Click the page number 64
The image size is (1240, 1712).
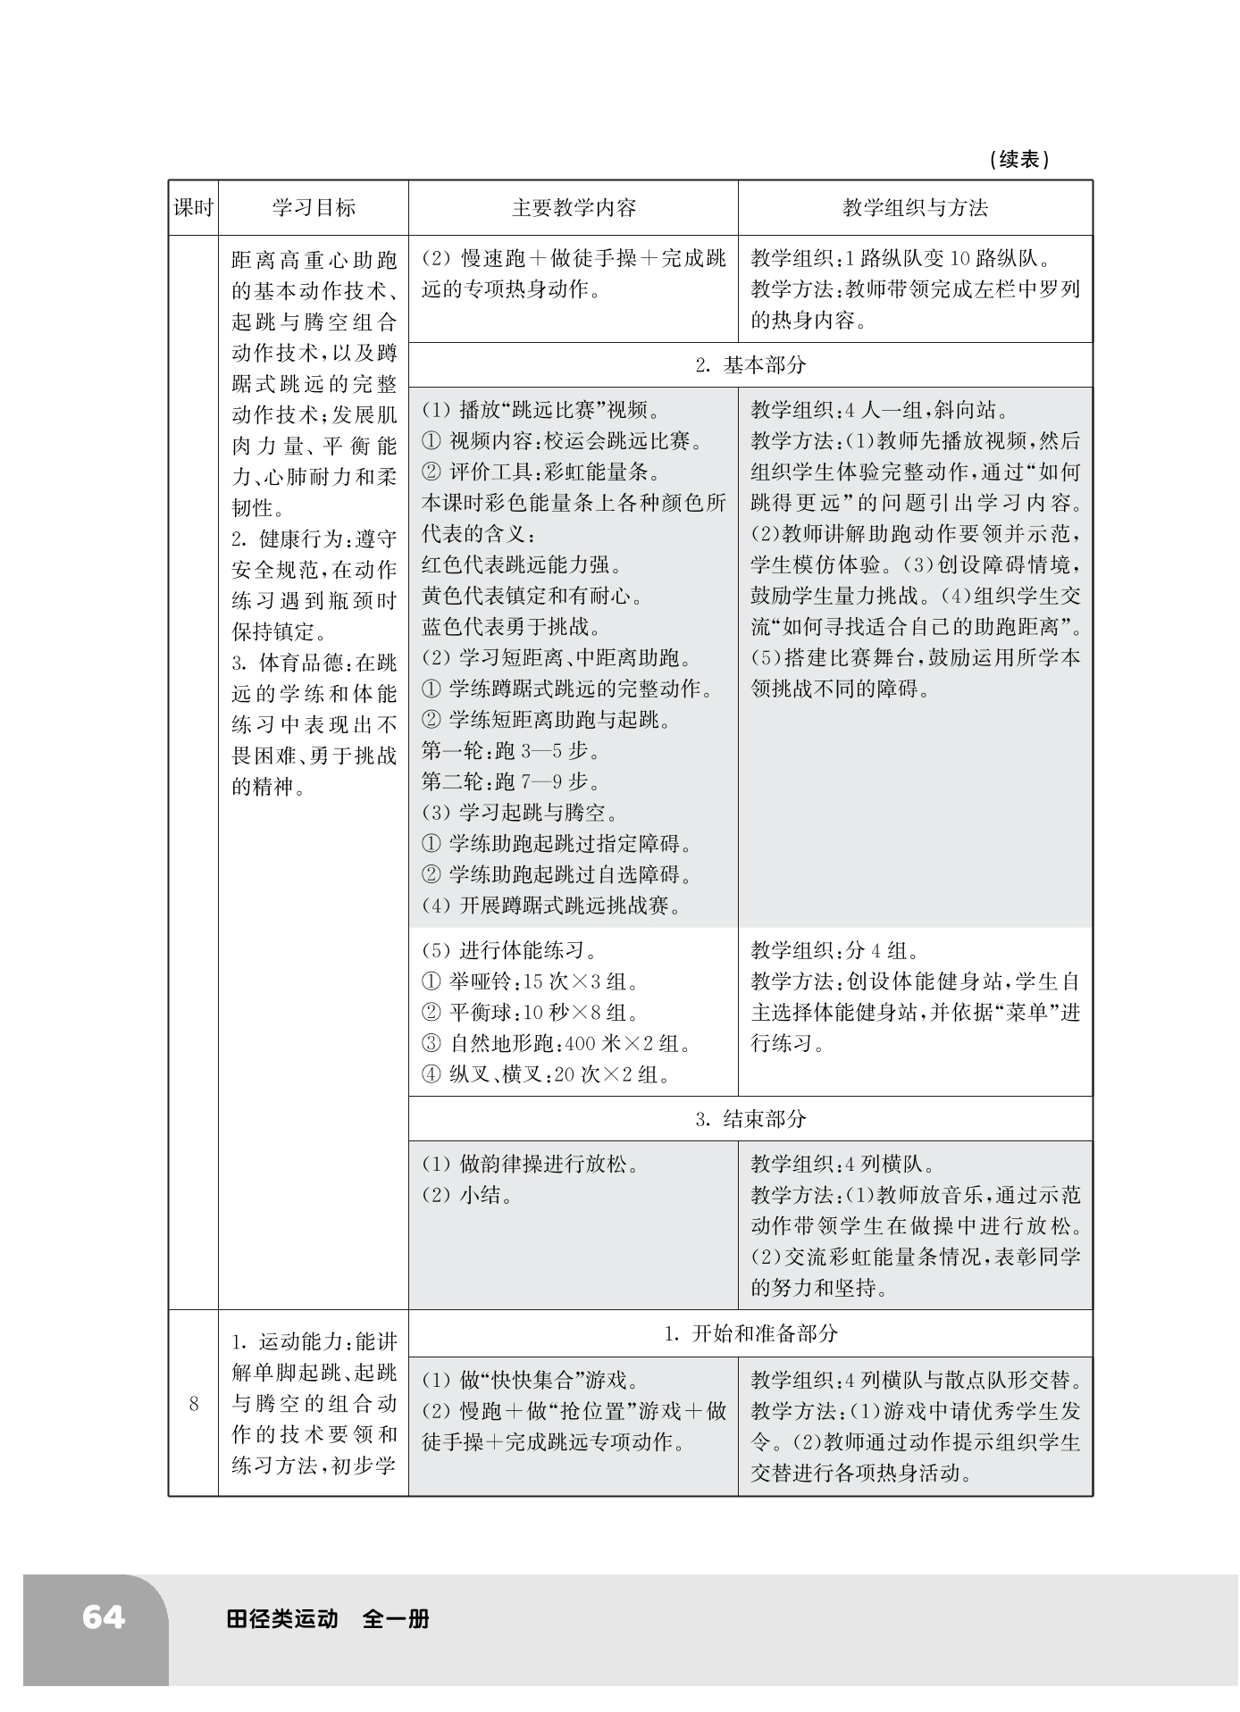103,1617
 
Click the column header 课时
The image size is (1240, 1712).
193,208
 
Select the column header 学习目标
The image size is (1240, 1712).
314,208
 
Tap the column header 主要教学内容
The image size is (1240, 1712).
574,208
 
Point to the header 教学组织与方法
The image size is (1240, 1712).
915,208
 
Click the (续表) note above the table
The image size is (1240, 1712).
1019,160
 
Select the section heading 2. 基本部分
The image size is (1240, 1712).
750,364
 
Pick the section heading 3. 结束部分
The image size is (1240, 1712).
750,1118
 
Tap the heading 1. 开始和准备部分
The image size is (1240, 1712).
750,1333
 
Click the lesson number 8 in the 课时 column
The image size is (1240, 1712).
193,1404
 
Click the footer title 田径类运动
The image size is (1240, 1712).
282,1618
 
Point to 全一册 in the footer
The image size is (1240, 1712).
396,1618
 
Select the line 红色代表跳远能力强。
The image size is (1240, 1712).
522,564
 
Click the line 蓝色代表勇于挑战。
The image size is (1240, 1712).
511,626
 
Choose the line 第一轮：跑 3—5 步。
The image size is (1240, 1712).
511,750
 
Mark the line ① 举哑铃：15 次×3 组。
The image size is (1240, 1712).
531,981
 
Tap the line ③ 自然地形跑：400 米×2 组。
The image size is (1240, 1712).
557,1043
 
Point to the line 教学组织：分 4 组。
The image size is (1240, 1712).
835,950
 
